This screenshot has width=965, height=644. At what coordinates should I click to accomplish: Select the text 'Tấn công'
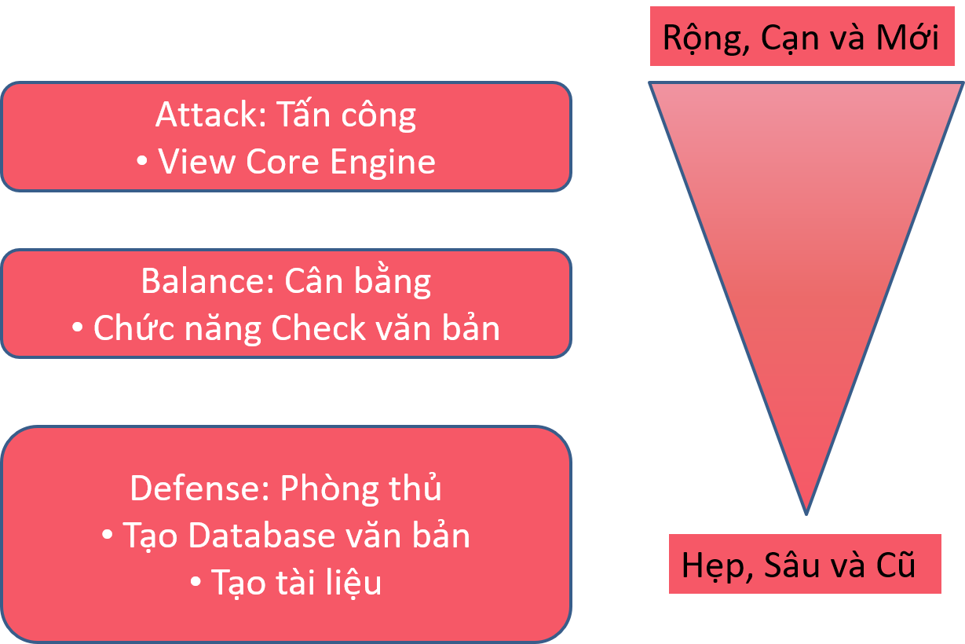(346, 115)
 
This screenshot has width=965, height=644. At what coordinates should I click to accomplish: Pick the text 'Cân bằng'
(358, 281)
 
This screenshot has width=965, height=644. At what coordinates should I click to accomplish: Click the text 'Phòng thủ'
(361, 488)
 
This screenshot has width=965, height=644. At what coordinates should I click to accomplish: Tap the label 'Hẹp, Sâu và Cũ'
(799, 565)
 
